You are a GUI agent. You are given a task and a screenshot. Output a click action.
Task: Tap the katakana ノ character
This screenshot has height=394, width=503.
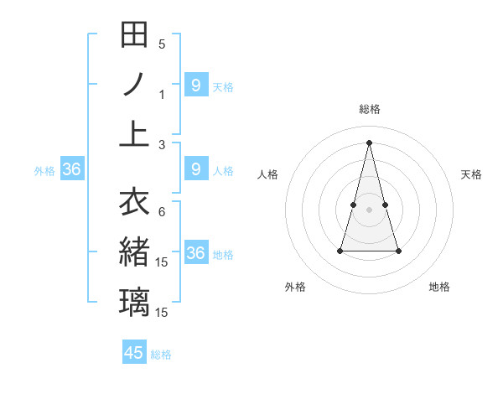click(134, 84)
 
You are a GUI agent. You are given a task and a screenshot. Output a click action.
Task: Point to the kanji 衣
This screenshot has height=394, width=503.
click(134, 202)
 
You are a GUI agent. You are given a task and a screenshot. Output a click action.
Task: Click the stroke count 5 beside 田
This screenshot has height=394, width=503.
click(162, 44)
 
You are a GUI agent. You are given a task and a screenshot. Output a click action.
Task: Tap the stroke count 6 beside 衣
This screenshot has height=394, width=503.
click(162, 212)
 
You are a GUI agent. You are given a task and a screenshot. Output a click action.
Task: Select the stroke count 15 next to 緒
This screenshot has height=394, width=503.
click(163, 262)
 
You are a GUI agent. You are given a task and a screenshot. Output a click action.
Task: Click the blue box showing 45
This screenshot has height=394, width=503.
click(134, 353)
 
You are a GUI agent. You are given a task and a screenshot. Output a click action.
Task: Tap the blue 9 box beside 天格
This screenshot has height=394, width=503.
click(195, 85)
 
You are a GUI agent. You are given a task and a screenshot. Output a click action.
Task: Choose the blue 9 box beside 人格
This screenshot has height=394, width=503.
click(195, 170)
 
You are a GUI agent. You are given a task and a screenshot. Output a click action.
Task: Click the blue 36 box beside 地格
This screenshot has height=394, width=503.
click(195, 253)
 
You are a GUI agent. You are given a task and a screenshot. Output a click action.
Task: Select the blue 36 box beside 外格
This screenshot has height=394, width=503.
click(71, 170)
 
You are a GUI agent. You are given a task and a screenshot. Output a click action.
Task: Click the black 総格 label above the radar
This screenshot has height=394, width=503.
click(370, 109)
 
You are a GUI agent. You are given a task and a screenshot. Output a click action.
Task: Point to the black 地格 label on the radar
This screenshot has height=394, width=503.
click(439, 287)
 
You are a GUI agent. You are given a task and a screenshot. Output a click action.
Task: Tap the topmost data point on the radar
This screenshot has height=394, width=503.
click(370, 142)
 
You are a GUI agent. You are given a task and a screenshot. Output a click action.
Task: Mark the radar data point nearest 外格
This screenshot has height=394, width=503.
click(340, 251)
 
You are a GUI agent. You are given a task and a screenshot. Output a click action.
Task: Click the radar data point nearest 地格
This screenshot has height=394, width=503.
click(398, 251)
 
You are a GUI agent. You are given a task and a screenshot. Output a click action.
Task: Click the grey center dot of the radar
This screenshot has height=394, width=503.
click(370, 210)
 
